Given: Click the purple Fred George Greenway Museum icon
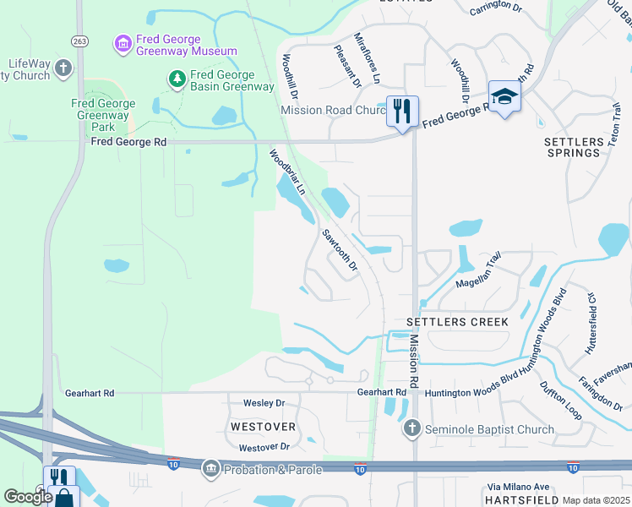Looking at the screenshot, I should tap(123, 42).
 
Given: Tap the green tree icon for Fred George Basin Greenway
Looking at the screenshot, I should tap(177, 79).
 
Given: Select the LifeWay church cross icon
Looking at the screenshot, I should tap(63, 68).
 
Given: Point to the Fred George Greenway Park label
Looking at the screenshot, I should tap(103, 116).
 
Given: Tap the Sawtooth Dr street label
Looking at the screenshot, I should tap(341, 251).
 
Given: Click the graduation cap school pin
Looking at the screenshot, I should tap(504, 96).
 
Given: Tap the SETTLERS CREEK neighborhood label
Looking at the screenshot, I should tap(457, 322).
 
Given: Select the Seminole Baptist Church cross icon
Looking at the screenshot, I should tap(411, 428).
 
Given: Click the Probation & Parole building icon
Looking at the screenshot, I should tap(210, 467).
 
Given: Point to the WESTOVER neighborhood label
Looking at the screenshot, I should tap(263, 427).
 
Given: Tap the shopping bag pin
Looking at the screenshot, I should tap(64, 498).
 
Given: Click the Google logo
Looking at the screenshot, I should tap(28, 496).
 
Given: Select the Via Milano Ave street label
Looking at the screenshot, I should tap(518, 487).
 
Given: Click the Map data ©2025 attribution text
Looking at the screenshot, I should tap(596, 500).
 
